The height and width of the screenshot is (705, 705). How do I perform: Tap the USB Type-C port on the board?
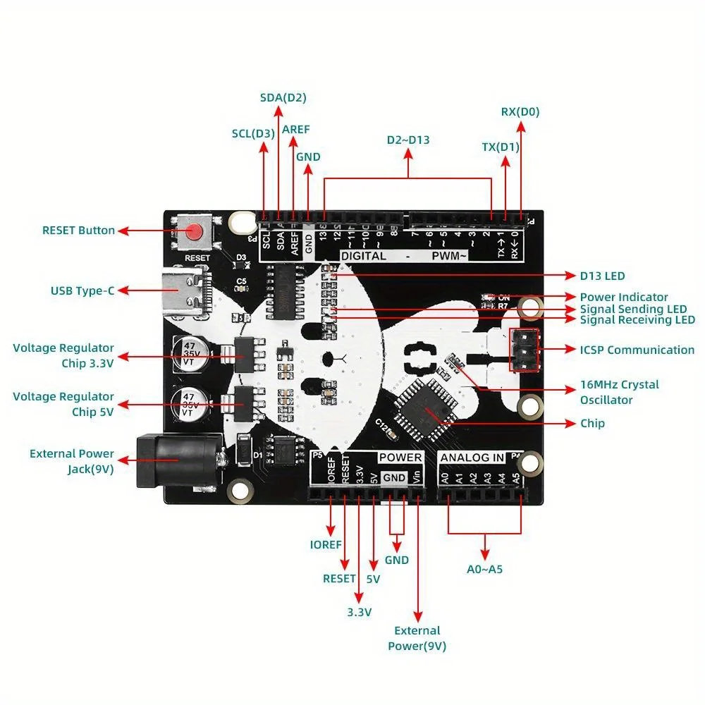point(184,290)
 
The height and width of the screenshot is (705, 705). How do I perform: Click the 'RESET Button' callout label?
point(78,231)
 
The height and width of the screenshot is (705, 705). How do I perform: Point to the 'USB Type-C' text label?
point(82,290)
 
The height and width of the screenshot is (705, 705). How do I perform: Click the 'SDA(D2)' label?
point(283,97)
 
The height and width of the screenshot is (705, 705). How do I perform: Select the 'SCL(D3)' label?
point(253,133)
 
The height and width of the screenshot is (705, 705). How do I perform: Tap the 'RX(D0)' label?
point(520,111)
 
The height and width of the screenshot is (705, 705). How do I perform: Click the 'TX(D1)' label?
point(501,147)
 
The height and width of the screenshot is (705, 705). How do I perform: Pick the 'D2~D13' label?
point(408,140)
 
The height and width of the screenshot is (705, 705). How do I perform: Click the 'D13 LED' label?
point(602,276)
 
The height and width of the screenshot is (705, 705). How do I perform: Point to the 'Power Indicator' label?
point(624,297)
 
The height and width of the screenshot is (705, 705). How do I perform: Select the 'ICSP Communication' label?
point(637,350)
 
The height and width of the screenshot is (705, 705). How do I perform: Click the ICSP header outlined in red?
point(524,350)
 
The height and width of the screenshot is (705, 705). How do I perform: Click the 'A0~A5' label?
point(485,568)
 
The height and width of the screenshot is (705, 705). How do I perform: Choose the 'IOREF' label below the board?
point(326,544)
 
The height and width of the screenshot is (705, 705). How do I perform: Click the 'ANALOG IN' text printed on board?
point(472,458)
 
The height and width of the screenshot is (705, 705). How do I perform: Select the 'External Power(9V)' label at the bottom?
point(417,638)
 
